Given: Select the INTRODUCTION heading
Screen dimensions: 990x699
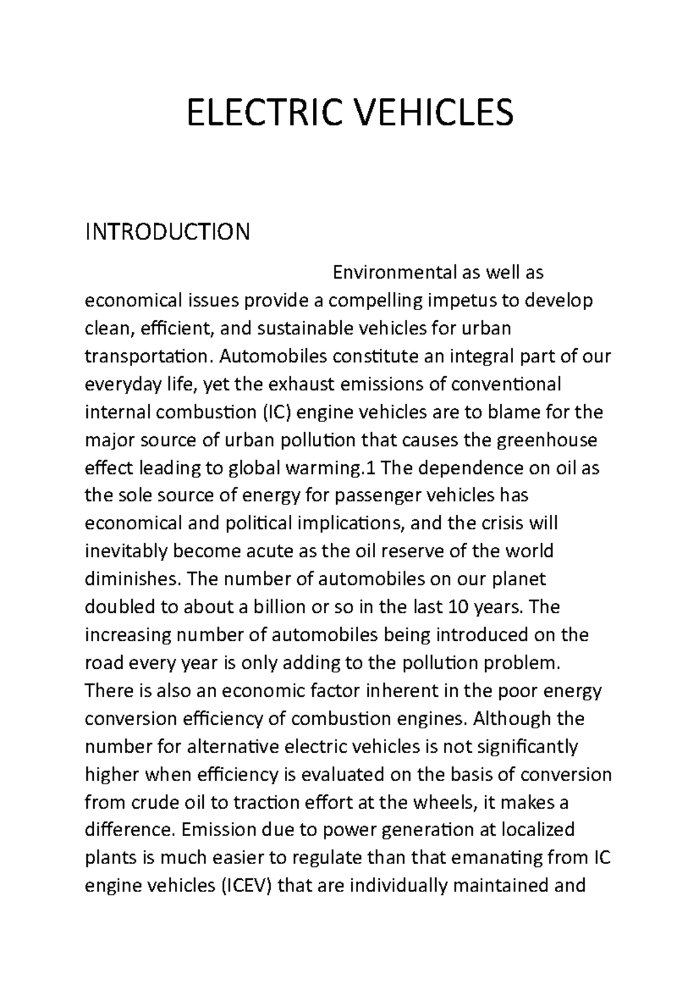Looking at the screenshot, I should (x=168, y=232).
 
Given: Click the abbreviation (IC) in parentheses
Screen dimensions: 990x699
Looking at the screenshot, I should (x=277, y=412).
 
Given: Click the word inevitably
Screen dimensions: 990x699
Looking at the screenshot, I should (x=125, y=552).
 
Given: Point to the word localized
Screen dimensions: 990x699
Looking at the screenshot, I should (x=538, y=830).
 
